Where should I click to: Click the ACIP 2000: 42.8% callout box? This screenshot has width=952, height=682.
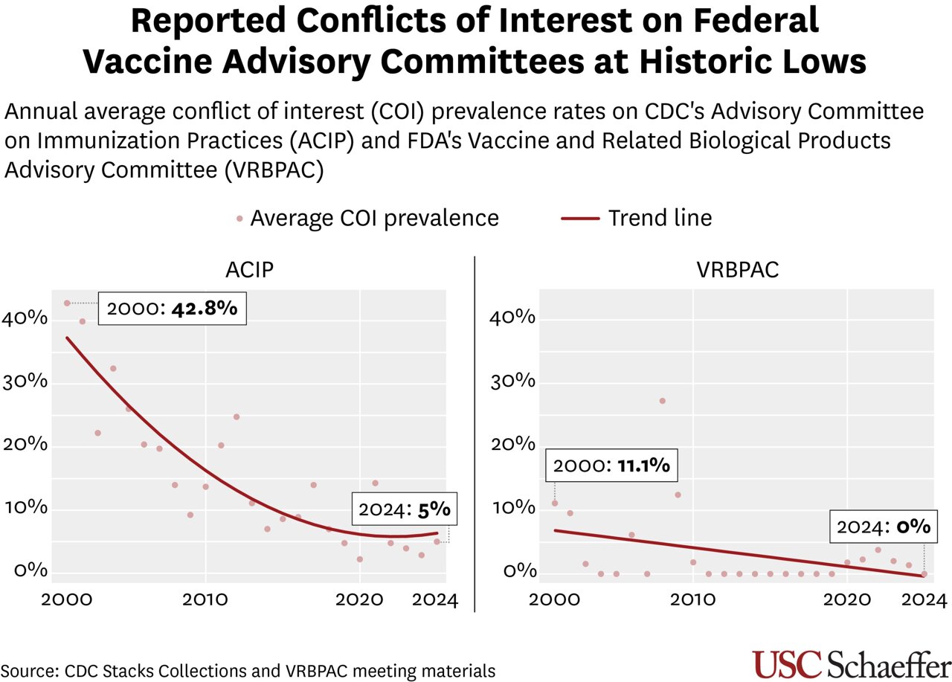tap(172, 308)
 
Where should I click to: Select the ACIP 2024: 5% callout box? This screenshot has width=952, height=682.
tap(404, 509)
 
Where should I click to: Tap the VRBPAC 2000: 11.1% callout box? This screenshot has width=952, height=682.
tap(612, 466)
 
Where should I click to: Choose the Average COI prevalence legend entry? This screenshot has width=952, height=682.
tap(367, 218)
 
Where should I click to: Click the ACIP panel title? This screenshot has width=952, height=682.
tap(249, 269)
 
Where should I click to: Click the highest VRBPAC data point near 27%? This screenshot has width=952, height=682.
tap(662, 401)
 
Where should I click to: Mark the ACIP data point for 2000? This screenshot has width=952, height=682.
tap(67, 303)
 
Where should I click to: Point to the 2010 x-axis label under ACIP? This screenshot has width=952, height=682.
tap(205, 599)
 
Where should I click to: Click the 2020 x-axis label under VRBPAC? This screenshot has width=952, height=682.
tap(846, 599)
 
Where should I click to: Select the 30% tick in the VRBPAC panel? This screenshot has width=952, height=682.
tap(514, 382)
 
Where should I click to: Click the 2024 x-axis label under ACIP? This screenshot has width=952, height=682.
tap(434, 599)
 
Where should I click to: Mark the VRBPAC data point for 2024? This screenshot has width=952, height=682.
tap(924, 573)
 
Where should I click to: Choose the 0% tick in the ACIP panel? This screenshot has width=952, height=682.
tap(31, 571)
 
